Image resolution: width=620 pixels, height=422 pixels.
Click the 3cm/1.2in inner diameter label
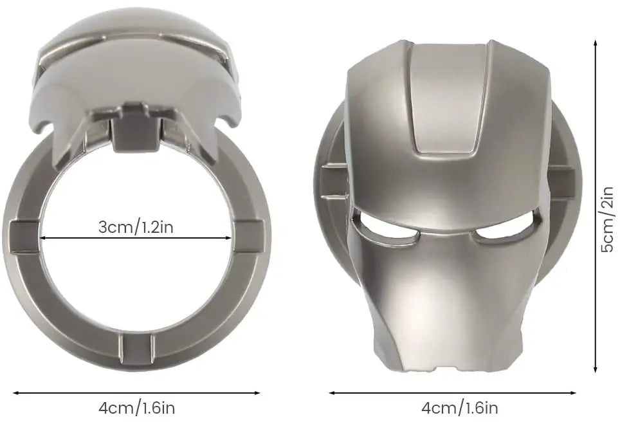click(136, 227)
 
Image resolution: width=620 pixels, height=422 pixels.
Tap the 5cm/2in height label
click(606, 219)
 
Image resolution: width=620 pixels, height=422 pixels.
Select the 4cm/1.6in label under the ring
click(136, 408)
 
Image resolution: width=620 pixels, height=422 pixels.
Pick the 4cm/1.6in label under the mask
click(459, 408)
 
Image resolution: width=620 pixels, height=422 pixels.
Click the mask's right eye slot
click(507, 235)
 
